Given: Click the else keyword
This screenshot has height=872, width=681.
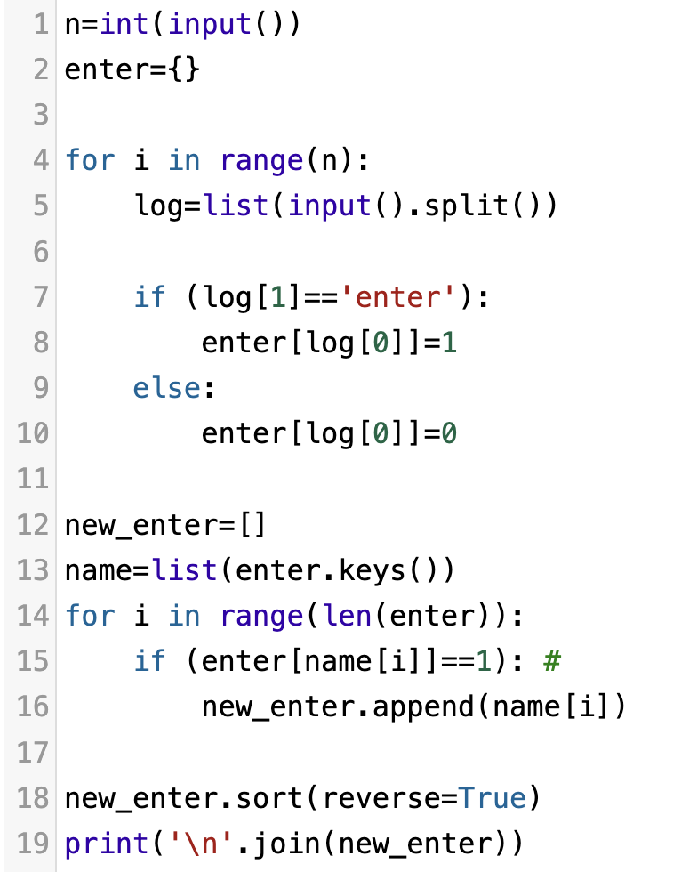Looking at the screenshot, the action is pos(168,388).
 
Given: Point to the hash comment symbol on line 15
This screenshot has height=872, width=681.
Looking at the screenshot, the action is pos(551,660).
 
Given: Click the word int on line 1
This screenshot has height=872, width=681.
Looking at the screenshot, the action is pos(124,24).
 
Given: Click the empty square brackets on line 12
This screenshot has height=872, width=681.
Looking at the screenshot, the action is pos(252,524).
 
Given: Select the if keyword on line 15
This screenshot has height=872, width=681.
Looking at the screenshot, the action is pos(148,660).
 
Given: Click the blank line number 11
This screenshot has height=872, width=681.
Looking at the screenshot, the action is pos(32,479).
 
